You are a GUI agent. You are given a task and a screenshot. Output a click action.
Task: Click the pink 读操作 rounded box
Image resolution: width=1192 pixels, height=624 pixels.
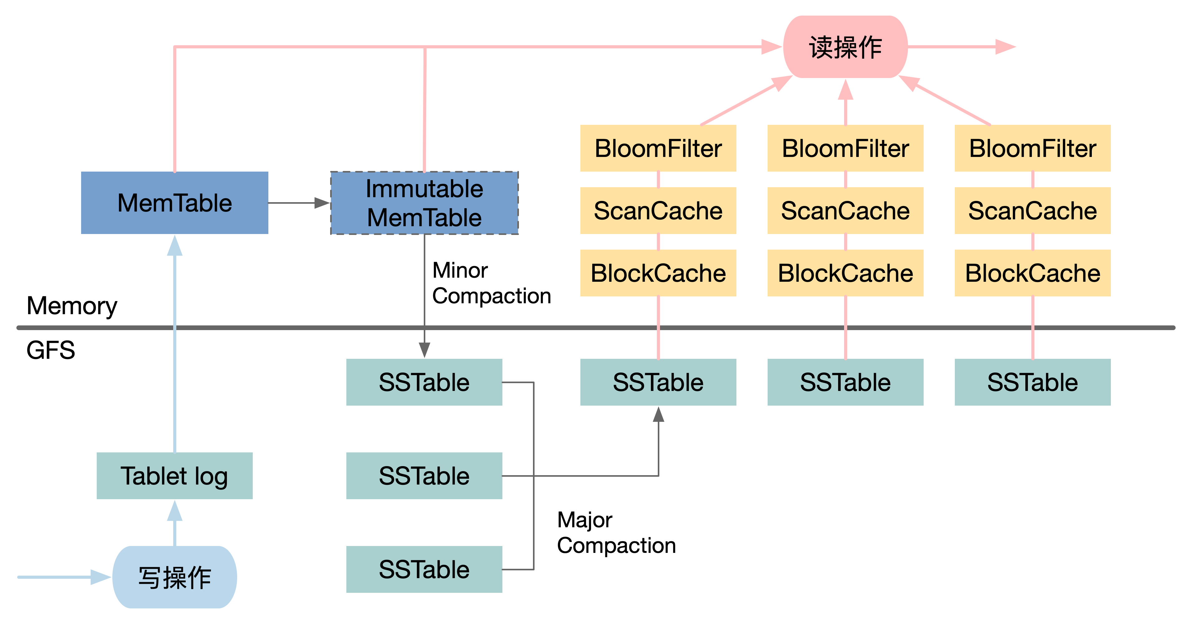point(845,47)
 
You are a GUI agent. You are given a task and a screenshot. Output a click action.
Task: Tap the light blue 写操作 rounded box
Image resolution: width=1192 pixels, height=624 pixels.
point(174,577)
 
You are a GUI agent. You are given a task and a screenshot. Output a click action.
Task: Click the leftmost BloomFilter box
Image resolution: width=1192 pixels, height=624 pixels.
point(658,148)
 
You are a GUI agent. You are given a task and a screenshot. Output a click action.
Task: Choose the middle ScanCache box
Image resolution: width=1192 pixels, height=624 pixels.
point(845,211)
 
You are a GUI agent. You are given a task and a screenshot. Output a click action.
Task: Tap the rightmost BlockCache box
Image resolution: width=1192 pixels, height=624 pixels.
point(1032,273)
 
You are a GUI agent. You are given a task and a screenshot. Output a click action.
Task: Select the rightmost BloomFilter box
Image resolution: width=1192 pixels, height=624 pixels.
point(1032,148)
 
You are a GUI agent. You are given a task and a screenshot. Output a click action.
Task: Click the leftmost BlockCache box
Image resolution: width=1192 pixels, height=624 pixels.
point(658,273)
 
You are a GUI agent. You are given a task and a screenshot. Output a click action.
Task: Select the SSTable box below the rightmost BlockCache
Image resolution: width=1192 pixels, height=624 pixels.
point(1032,382)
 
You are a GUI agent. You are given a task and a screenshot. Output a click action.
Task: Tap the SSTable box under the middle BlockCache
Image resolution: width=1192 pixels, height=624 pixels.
point(845,382)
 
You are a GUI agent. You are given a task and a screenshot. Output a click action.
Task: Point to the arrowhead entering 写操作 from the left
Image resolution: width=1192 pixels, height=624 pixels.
point(101,577)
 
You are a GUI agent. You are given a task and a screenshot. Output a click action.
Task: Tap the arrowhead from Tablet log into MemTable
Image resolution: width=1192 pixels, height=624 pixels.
point(174,246)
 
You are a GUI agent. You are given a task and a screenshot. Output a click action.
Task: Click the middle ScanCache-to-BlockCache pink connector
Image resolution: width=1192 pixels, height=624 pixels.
point(845,241)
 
